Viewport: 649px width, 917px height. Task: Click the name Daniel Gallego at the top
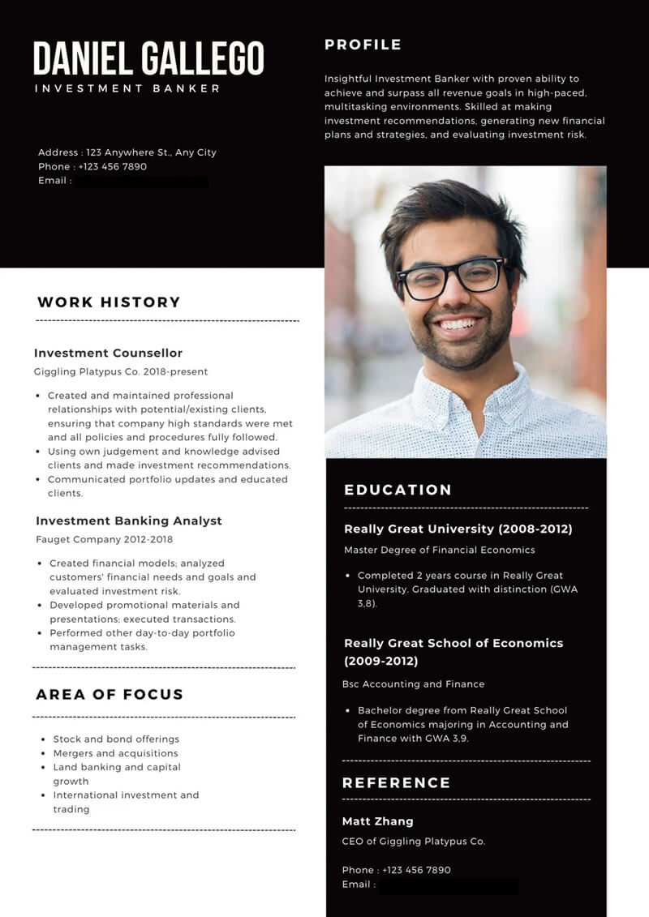pyautogui.click(x=148, y=58)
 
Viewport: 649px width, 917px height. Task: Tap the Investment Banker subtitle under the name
pyautogui.click(x=127, y=88)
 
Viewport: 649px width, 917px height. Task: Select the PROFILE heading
pyautogui.click(x=363, y=45)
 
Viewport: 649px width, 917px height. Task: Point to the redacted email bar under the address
pyautogui.click(x=141, y=182)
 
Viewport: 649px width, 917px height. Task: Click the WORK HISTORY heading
pyautogui.click(x=109, y=302)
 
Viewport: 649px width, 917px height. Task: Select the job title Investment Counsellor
pyautogui.click(x=108, y=354)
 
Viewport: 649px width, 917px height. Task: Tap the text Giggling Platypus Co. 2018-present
pyautogui.click(x=121, y=372)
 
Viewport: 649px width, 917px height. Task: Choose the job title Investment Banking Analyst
pyautogui.click(x=128, y=521)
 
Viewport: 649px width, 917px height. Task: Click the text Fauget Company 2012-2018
pyautogui.click(x=104, y=539)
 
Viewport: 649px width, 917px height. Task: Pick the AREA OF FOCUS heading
pyautogui.click(x=110, y=694)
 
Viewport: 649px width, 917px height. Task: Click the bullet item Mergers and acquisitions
pyautogui.click(x=115, y=753)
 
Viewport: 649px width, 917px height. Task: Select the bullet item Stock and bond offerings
pyautogui.click(x=116, y=739)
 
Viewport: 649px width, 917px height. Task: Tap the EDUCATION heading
pyautogui.click(x=398, y=490)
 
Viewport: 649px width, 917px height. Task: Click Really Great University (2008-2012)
pyautogui.click(x=458, y=529)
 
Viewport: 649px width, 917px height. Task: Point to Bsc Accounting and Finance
pyautogui.click(x=414, y=684)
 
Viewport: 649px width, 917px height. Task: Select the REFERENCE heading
pyautogui.click(x=396, y=782)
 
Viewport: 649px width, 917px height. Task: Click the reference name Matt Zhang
pyautogui.click(x=377, y=821)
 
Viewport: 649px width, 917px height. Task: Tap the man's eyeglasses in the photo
pyautogui.click(x=451, y=277)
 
